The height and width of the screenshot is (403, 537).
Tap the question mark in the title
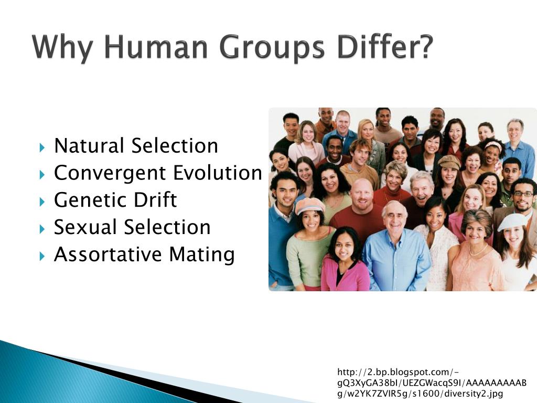click(426, 47)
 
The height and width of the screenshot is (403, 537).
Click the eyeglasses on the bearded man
click(523, 194)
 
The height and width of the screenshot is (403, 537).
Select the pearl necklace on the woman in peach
click(478, 250)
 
